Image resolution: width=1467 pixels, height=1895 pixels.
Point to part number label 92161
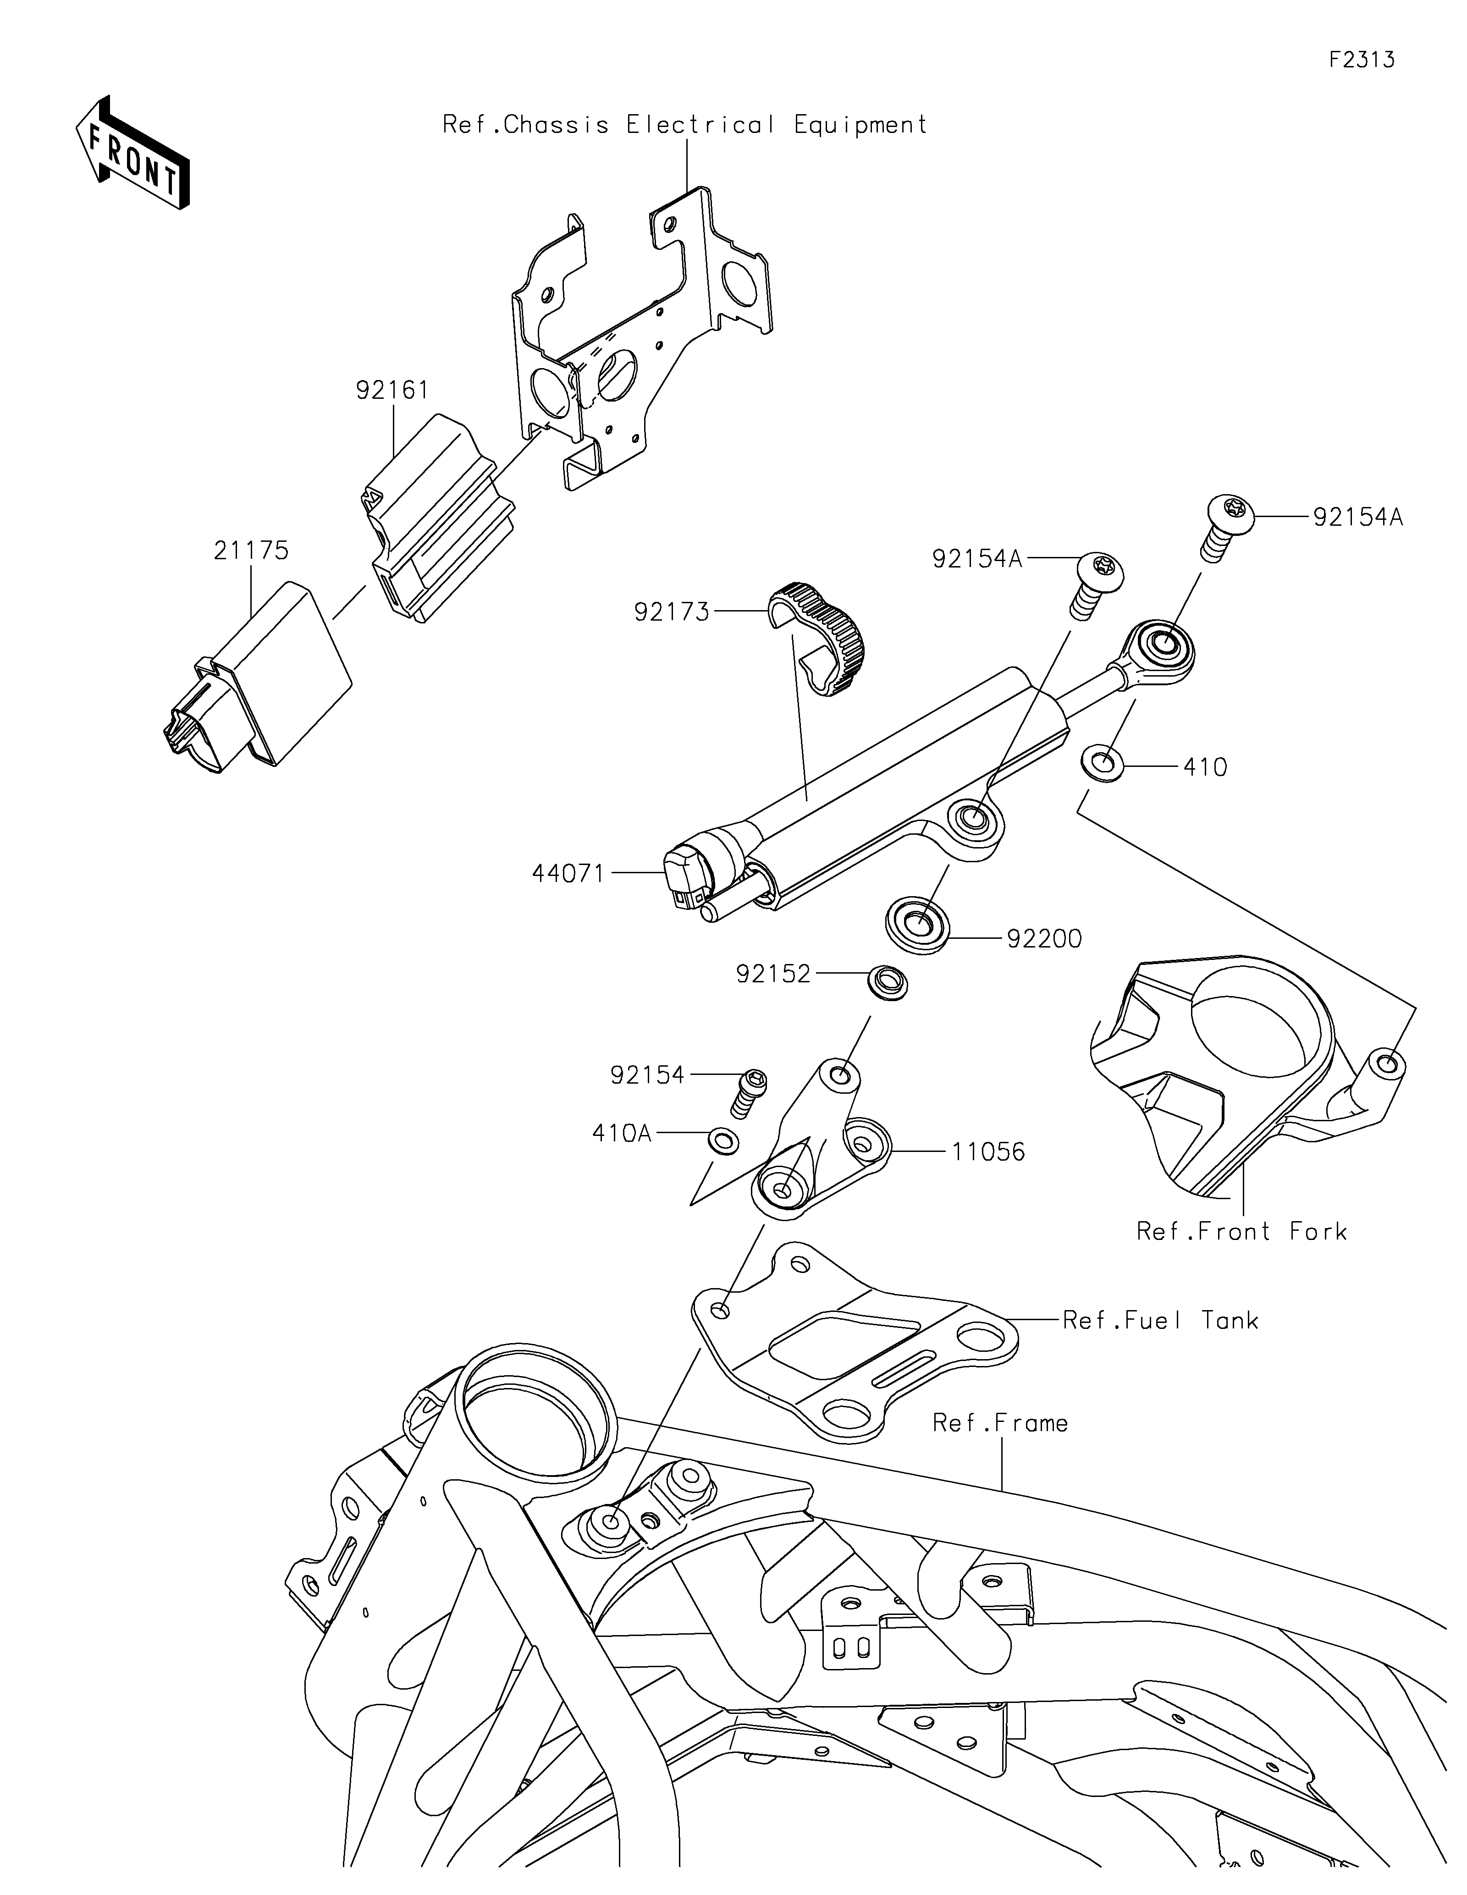392,391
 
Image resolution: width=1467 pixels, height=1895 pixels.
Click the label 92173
672,612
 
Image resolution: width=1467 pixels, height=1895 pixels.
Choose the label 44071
568,874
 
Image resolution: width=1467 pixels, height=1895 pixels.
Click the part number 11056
988,1152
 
